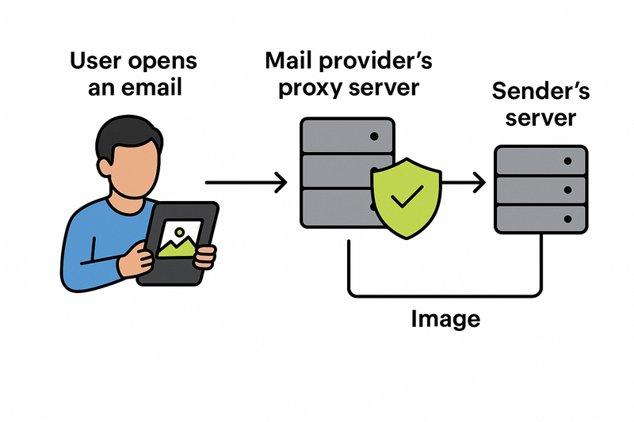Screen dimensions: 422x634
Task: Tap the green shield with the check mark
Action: pyautogui.click(x=405, y=196)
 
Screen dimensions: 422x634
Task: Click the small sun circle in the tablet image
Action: pyautogui.click(x=181, y=232)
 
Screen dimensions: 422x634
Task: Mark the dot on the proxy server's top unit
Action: pyautogui.click(x=373, y=136)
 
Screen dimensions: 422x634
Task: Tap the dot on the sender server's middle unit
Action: pyautogui.click(x=568, y=189)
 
